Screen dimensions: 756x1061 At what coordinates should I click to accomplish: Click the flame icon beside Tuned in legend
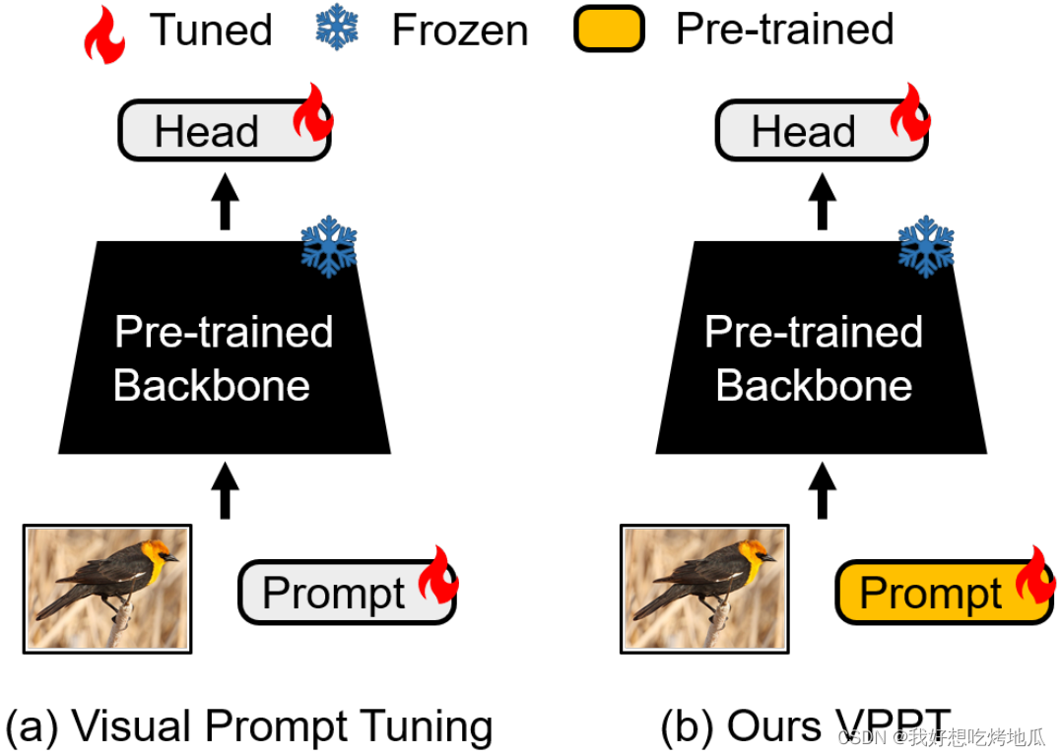pyautogui.click(x=105, y=32)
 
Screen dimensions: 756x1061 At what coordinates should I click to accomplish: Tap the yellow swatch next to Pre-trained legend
pyautogui.click(x=609, y=30)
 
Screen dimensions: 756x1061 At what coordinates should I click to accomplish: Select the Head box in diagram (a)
pyautogui.click(x=207, y=132)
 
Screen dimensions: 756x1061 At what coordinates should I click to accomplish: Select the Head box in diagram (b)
pyautogui.click(x=803, y=132)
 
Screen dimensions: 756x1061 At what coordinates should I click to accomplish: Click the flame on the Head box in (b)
pyautogui.click(x=910, y=112)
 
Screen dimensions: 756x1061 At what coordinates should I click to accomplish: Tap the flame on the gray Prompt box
pyautogui.click(x=437, y=575)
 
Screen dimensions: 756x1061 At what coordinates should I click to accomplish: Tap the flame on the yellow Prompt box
pyautogui.click(x=1034, y=575)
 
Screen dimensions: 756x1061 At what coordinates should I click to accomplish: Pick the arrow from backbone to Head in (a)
pyautogui.click(x=227, y=201)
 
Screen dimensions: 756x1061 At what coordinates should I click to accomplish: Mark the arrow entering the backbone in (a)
pyautogui.click(x=226, y=489)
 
